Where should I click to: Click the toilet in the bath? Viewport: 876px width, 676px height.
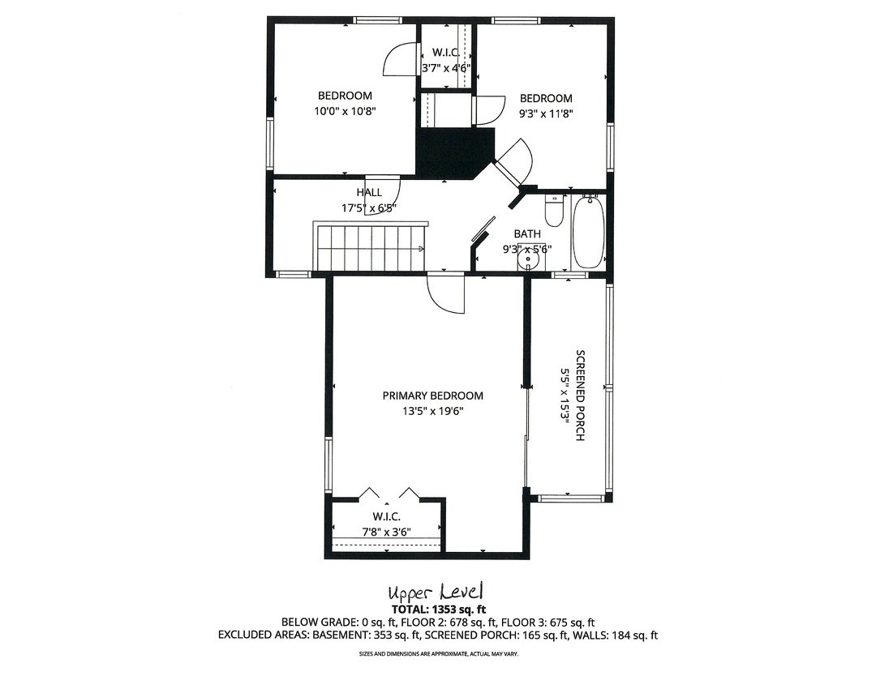pos(554,212)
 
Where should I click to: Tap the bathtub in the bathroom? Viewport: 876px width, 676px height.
pos(588,233)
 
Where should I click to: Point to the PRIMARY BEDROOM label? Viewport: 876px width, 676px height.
pos(432,396)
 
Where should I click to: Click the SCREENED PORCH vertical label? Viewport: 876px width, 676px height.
pos(580,395)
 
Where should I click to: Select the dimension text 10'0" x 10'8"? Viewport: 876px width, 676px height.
pos(345,111)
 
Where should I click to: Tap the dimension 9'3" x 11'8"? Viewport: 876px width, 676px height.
pos(546,114)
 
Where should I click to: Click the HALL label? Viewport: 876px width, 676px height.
pos(369,193)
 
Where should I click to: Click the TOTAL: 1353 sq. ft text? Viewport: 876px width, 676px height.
pos(438,609)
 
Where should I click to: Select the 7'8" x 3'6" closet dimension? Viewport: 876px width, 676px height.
pos(386,533)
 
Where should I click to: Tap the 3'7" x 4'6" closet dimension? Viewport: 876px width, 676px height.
pos(446,68)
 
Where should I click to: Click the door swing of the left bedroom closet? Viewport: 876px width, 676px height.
pos(399,60)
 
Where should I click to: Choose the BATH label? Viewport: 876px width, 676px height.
pos(526,234)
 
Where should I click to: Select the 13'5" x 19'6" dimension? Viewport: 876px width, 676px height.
pos(432,411)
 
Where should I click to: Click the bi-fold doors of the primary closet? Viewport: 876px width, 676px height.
pos(389,493)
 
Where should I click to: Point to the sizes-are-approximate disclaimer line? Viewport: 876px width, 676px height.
pos(438,653)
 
